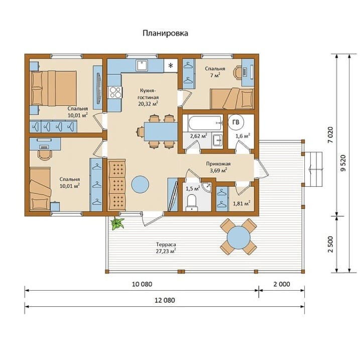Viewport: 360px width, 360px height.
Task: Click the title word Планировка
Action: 165,33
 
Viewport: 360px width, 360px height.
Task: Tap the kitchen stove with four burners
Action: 115,92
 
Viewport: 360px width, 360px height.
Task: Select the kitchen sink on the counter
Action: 143,65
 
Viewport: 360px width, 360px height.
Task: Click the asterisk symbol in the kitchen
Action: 171,66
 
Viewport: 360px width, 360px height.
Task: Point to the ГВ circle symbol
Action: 236,123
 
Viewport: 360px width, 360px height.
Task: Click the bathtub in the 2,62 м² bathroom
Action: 205,124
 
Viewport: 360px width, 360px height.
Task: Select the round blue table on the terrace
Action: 238,237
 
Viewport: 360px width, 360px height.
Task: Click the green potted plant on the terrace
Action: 117,223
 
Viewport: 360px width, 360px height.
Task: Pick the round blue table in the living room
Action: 140,185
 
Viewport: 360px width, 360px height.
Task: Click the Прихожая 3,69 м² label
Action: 218,167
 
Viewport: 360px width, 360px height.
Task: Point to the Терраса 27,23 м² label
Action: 166,248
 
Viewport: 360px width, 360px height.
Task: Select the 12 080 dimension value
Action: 165,300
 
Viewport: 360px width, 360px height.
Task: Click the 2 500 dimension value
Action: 330,245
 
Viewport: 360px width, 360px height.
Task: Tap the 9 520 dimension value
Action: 343,163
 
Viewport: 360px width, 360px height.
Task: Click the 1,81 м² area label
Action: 242,203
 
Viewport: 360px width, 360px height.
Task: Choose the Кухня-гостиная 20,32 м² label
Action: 148,97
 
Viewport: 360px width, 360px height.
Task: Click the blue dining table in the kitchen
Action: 161,132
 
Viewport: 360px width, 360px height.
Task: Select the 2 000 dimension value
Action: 282,284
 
